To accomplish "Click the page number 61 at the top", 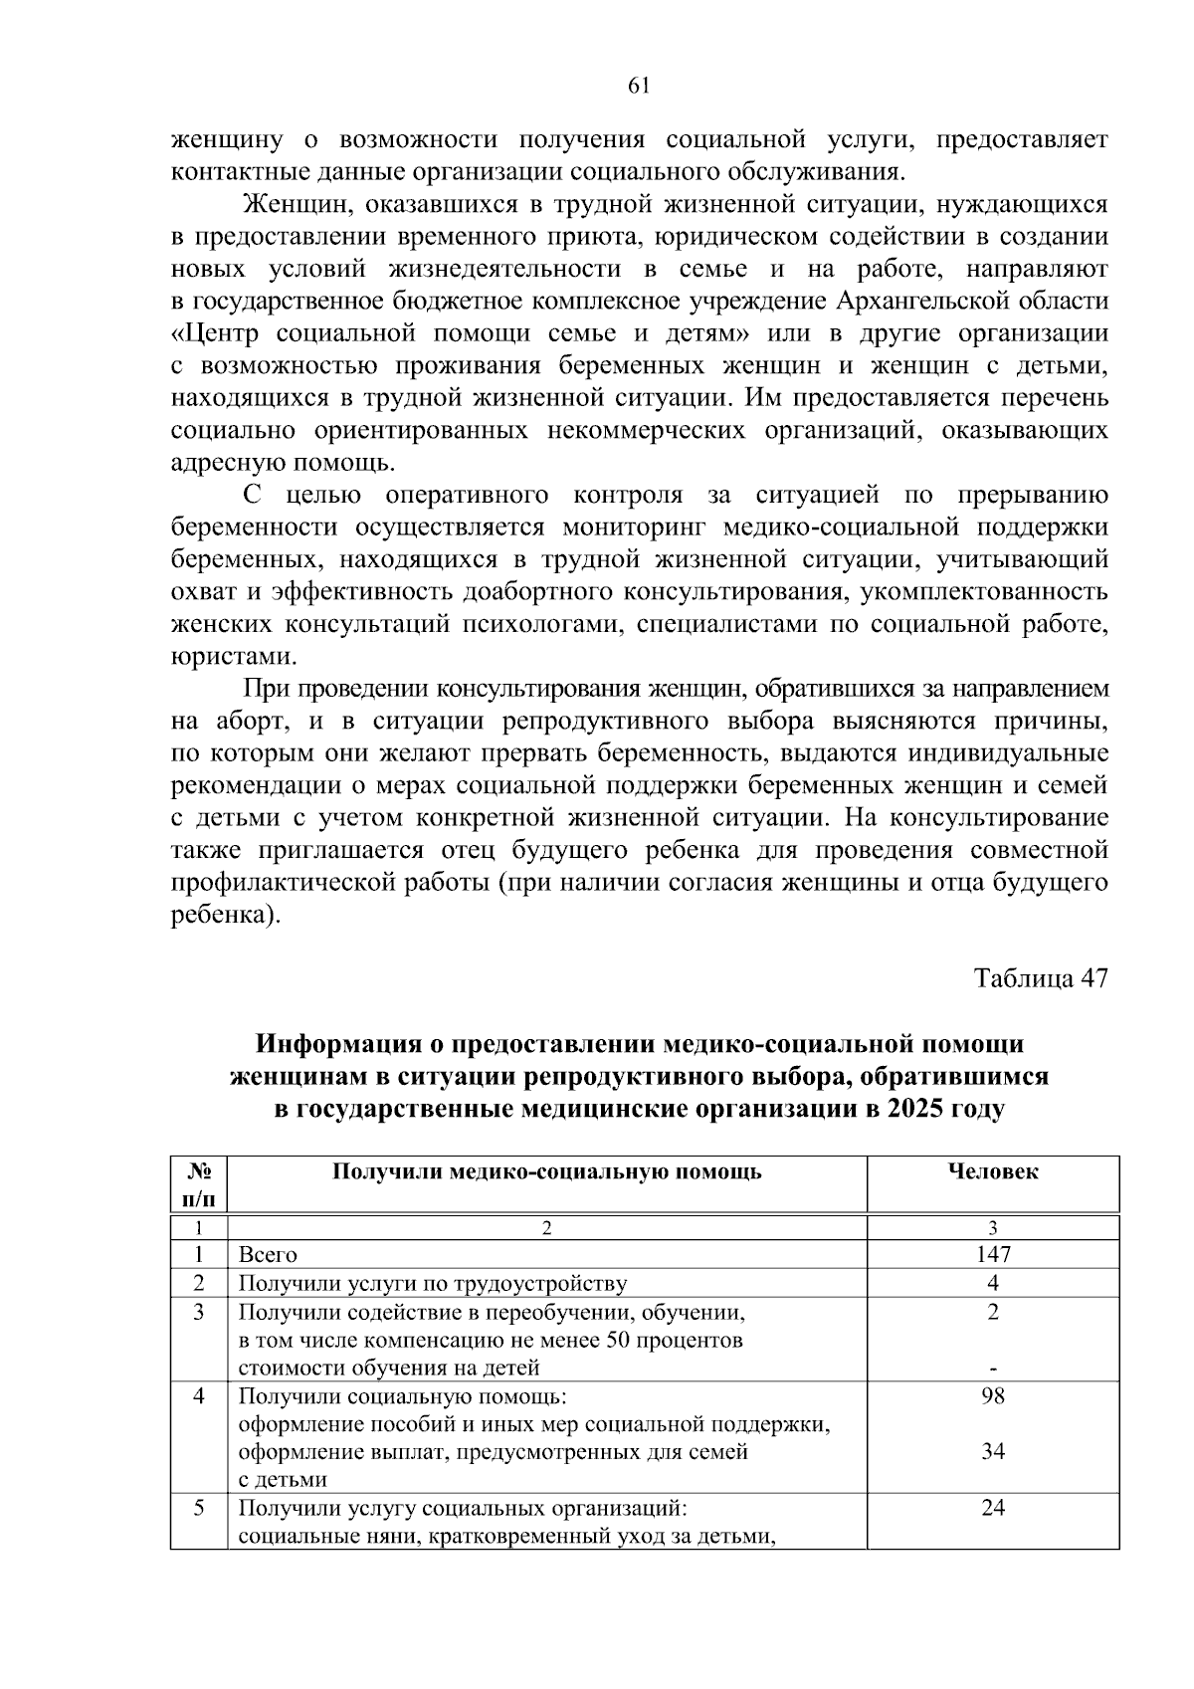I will coord(639,86).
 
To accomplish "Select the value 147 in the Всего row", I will coord(992,1254).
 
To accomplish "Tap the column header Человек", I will coord(992,1171).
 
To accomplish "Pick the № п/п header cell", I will coord(199,1184).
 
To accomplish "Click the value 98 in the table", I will coord(992,1395).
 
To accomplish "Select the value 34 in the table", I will coord(992,1451).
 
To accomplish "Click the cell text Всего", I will coord(267,1255).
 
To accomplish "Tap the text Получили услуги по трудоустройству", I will coord(432,1283).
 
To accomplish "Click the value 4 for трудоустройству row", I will coord(992,1283).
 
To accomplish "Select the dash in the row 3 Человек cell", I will coord(992,1370).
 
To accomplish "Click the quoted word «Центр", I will coord(218,332).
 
